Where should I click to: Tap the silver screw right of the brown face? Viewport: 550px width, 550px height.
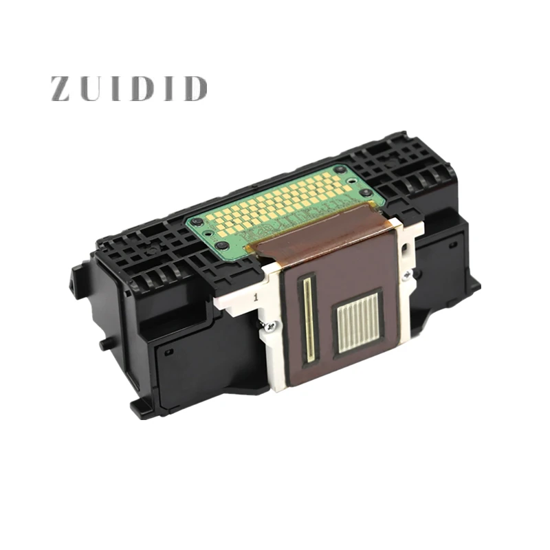tap(407, 274)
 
